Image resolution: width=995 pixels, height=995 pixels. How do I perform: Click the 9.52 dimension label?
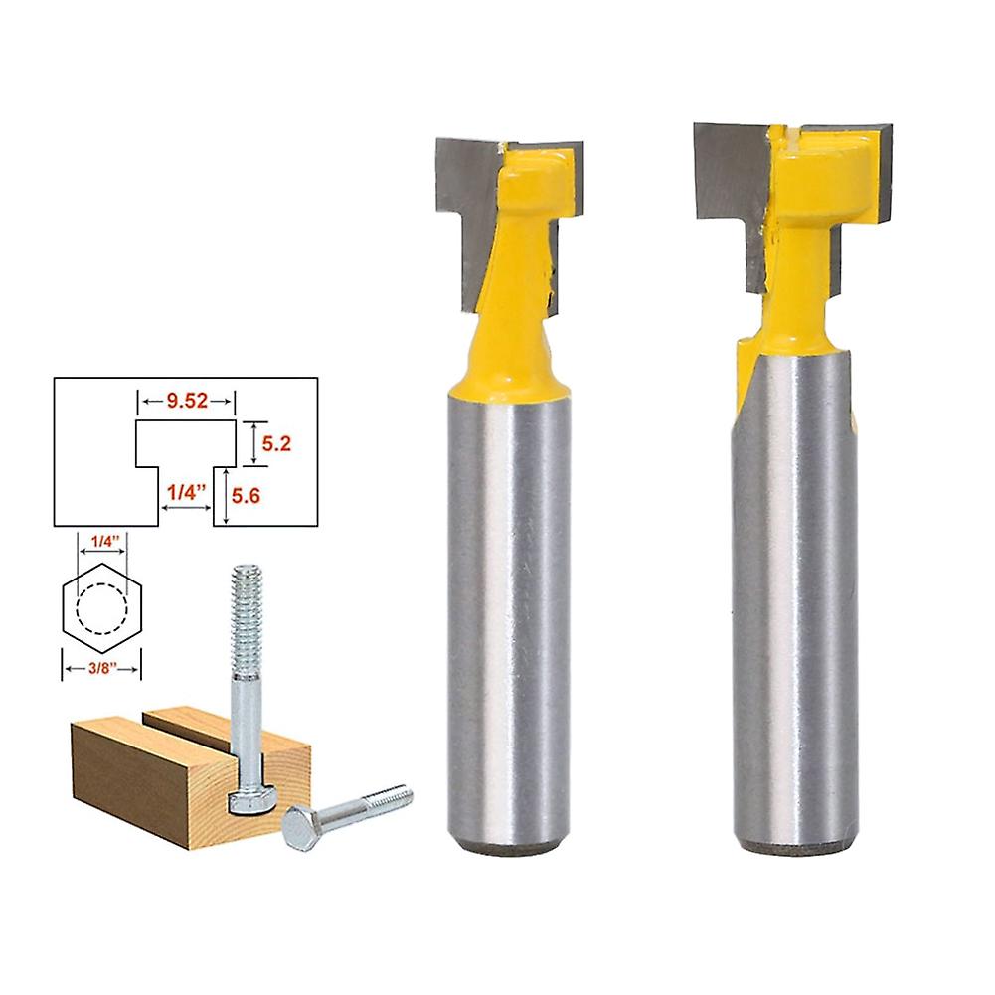(x=187, y=401)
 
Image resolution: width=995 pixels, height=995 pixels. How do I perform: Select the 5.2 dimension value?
(x=276, y=443)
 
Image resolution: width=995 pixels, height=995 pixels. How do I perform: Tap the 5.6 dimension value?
(x=246, y=496)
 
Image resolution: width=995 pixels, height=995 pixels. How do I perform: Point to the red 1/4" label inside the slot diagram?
(x=187, y=492)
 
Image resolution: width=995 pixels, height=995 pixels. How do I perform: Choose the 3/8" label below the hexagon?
(x=102, y=668)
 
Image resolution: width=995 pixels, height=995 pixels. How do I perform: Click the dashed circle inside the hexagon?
(x=102, y=609)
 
